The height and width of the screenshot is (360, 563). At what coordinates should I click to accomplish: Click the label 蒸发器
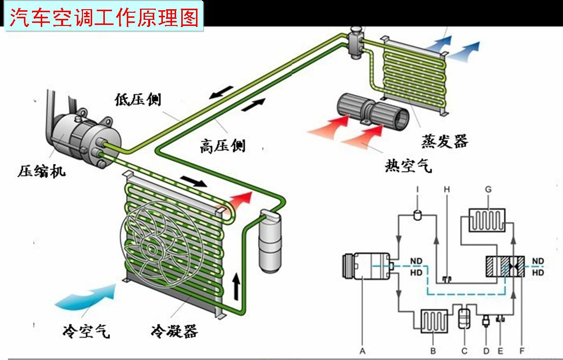coord(444,141)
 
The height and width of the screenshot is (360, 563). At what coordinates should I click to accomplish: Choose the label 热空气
coord(408,165)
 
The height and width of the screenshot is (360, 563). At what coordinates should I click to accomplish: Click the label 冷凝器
coord(174,331)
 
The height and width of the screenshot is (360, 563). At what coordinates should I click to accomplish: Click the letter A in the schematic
coord(362,351)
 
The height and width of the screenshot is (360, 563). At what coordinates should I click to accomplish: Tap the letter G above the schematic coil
coord(488,189)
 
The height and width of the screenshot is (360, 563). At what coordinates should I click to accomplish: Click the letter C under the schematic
coord(464,351)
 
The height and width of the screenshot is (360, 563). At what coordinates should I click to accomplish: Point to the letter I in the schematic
coord(417,189)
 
